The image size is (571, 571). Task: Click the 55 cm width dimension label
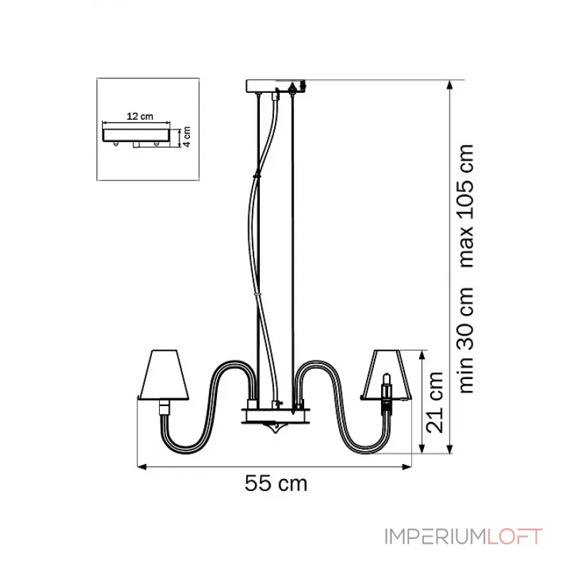click(x=276, y=483)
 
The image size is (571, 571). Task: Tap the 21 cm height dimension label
click(x=435, y=403)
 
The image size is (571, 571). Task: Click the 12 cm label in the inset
click(x=140, y=116)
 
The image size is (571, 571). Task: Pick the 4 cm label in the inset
click(x=186, y=136)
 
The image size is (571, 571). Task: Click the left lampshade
click(x=163, y=375)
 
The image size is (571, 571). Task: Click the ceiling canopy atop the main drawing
click(x=276, y=86)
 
